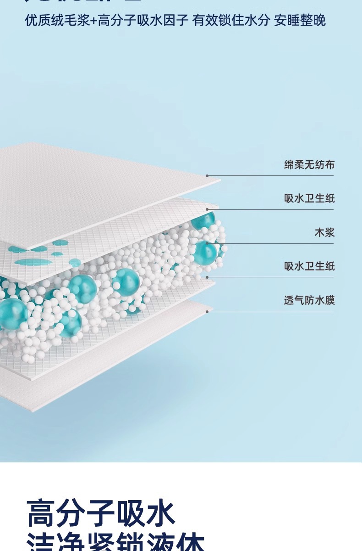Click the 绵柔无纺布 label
pos(309,164)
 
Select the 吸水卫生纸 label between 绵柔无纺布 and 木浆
pos(309,198)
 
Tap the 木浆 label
pos(324,232)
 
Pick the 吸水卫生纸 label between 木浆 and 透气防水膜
pos(309,266)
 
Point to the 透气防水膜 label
pos(309,300)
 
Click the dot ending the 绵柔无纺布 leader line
pos(207,176)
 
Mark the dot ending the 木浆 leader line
pos(207,243)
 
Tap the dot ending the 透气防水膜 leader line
pos(207,312)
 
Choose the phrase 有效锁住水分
pos(231,21)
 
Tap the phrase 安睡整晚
pos(300,21)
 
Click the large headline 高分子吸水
pos(101,513)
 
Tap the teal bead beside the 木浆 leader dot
pos(204,252)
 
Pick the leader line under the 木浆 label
pos(275,243)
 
